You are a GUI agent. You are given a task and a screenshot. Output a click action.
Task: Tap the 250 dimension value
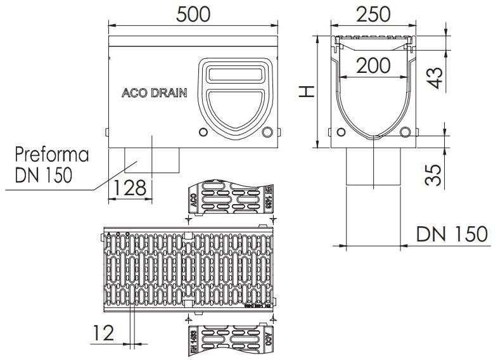click(373, 15)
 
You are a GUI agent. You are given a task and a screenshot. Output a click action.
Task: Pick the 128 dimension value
click(131, 188)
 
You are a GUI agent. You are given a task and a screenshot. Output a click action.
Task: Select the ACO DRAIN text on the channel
click(154, 93)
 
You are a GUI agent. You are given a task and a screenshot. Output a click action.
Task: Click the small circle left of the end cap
click(203, 133)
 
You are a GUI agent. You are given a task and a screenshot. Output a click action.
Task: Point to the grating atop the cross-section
click(373, 44)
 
